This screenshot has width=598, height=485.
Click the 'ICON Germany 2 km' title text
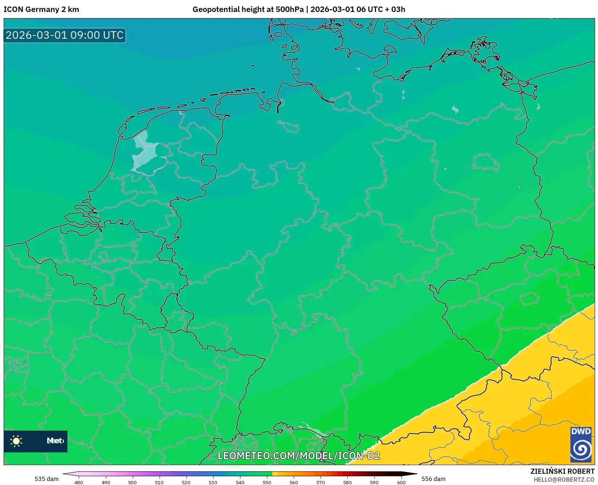point(41,9)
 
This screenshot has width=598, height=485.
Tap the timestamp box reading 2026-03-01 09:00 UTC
point(65,35)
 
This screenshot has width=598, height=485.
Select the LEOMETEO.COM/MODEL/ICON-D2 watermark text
point(298,456)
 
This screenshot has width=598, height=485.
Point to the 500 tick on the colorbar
point(132,482)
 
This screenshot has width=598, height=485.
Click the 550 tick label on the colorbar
point(267,482)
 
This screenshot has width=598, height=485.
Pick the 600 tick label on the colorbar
point(401,482)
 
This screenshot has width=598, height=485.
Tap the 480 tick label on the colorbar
point(79,482)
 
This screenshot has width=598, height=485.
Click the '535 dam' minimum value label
point(46,479)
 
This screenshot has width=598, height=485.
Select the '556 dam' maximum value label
point(433,479)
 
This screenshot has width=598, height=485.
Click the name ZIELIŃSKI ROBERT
point(562,471)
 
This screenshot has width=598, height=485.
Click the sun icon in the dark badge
point(16,441)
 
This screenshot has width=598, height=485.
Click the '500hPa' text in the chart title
point(289,9)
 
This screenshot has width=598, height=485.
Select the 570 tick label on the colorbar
point(321,482)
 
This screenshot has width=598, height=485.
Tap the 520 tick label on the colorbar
point(186,482)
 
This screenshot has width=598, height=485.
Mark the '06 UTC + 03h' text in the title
point(381,9)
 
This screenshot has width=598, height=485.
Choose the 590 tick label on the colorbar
point(374,482)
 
